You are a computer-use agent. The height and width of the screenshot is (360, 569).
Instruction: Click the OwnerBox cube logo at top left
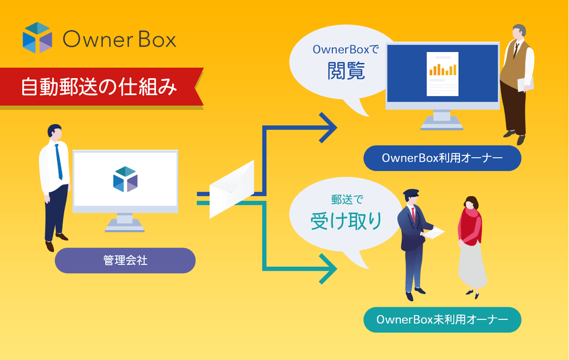(x=38, y=38)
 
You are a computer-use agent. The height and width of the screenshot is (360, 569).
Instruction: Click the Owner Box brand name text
(x=119, y=39)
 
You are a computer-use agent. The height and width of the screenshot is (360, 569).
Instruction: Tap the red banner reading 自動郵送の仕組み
(x=100, y=87)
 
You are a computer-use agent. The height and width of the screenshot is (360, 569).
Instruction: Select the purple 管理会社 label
(x=125, y=261)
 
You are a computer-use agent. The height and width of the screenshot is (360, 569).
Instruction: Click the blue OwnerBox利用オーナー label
(x=442, y=159)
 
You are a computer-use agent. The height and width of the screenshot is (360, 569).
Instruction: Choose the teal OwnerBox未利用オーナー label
(x=442, y=319)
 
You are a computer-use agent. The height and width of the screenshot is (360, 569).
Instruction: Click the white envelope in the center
(x=231, y=189)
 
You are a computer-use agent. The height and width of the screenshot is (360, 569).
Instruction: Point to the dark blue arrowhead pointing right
(x=329, y=127)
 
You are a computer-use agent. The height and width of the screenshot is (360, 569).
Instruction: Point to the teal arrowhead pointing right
(x=329, y=269)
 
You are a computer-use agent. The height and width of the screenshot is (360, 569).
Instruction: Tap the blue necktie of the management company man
(x=59, y=162)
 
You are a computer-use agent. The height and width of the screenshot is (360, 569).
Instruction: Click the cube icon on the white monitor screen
(x=125, y=179)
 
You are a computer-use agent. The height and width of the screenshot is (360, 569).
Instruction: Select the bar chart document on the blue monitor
(x=442, y=74)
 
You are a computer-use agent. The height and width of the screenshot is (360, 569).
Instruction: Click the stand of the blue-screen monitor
(x=442, y=121)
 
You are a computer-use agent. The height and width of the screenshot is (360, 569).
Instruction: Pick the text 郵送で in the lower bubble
(x=346, y=199)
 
